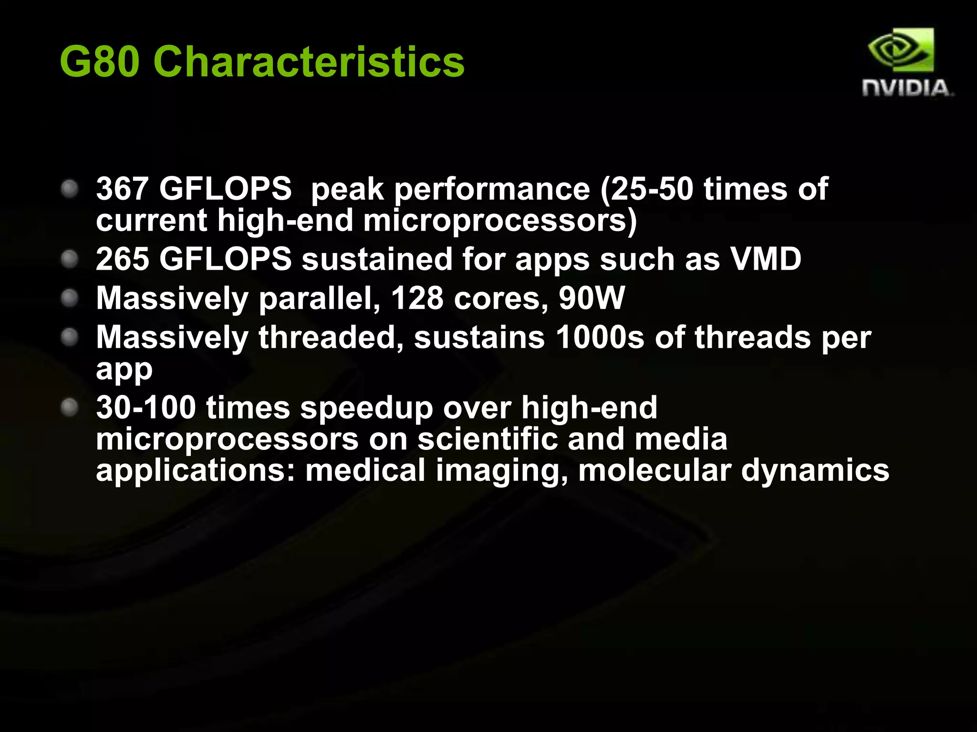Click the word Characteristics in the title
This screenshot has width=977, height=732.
(309, 62)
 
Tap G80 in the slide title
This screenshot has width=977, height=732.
(99, 62)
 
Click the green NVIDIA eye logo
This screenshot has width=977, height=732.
(901, 51)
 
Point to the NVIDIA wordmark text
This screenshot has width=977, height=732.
(907, 88)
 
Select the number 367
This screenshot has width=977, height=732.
(122, 189)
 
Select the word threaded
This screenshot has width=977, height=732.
(331, 337)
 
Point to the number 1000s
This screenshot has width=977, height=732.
(600, 337)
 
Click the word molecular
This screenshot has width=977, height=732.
(655, 470)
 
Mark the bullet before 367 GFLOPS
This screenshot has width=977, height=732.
(70, 189)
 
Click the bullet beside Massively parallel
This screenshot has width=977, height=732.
(70, 298)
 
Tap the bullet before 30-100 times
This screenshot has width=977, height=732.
(70, 407)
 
